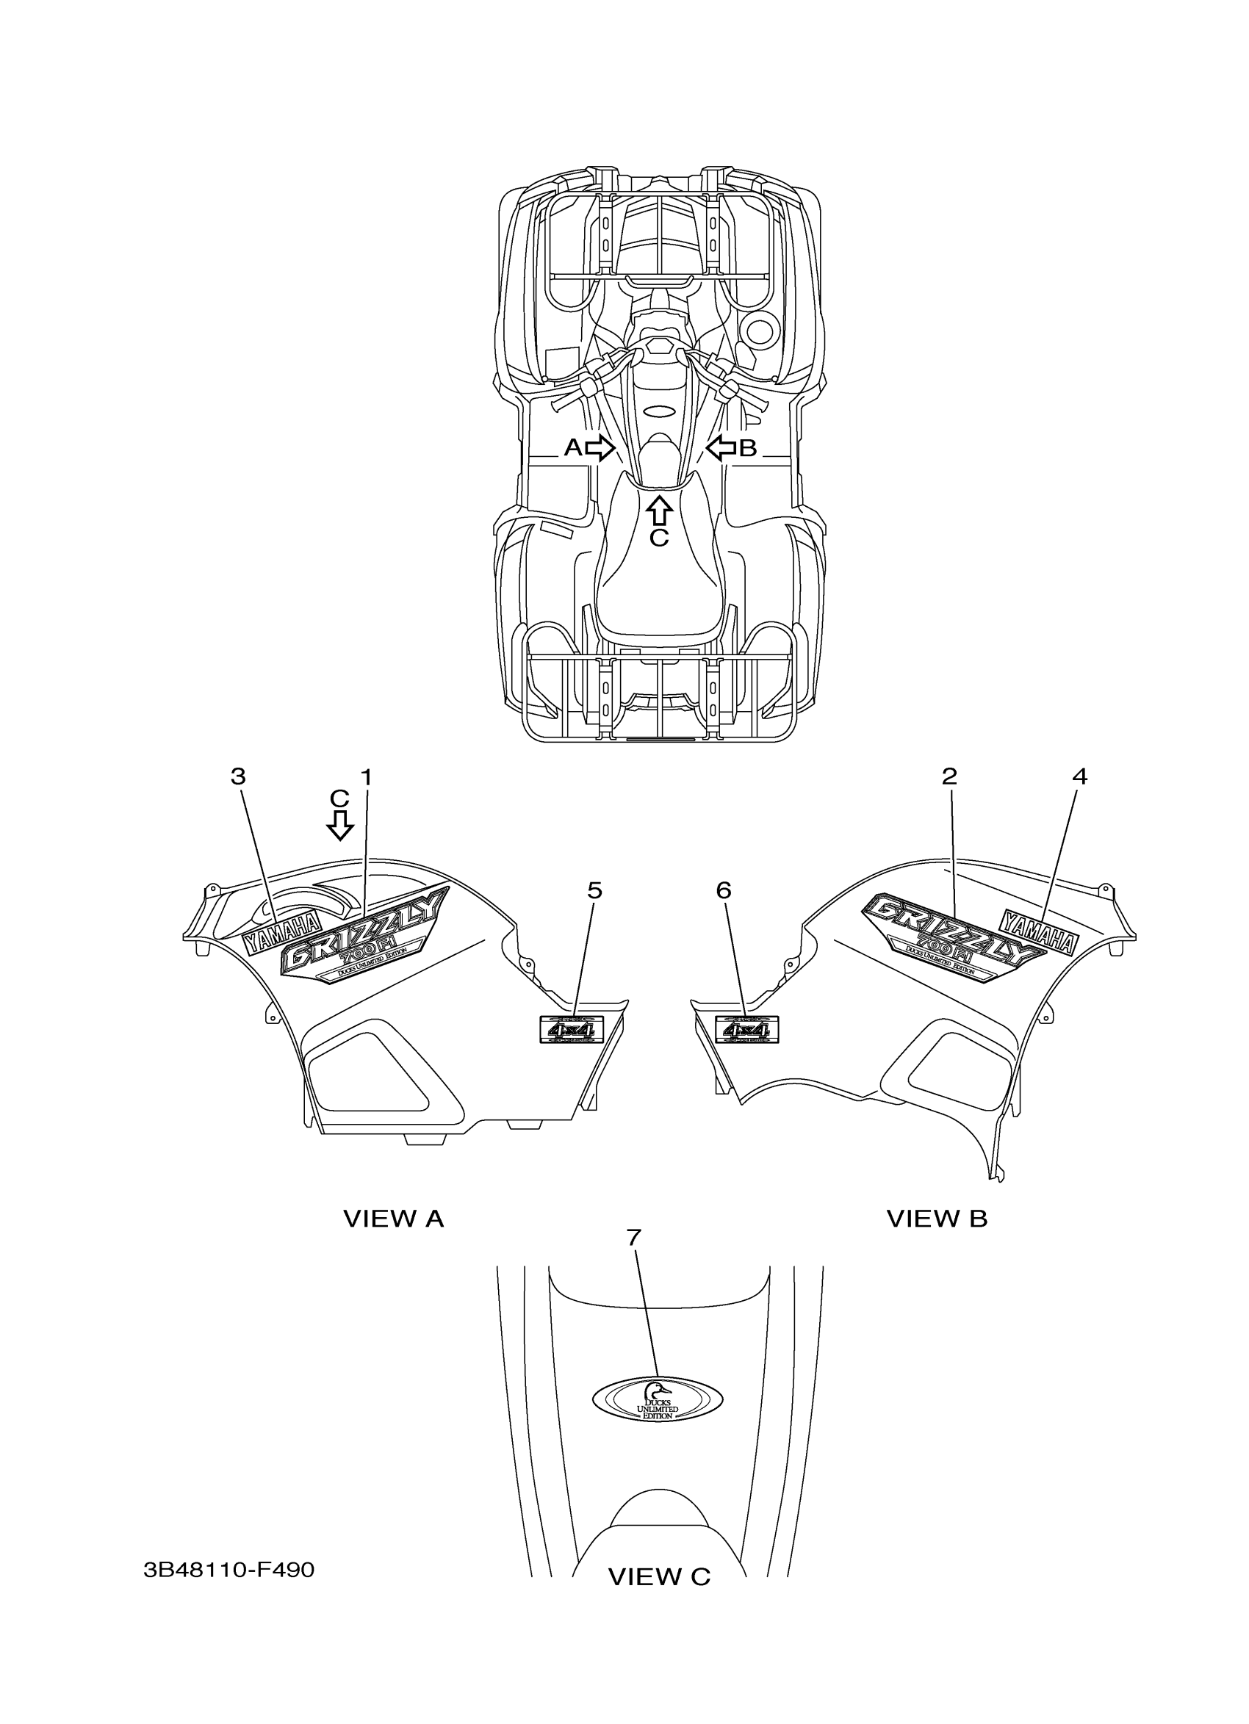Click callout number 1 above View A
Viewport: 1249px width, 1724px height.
coord(366,777)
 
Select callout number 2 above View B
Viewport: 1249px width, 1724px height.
coord(949,776)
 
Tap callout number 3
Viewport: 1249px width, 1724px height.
coord(239,777)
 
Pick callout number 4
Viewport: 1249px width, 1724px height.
coord(1079,776)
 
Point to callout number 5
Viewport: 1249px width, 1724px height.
coord(594,890)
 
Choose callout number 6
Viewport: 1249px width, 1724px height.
coord(724,890)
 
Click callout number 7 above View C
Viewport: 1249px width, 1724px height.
coord(634,1238)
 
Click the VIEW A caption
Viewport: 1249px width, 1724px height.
coord(393,1219)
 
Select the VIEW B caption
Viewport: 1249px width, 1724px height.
coord(937,1219)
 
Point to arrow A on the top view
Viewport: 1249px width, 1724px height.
coord(600,448)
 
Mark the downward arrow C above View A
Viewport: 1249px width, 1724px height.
coord(341,825)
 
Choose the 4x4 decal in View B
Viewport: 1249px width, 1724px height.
coord(747,1029)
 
